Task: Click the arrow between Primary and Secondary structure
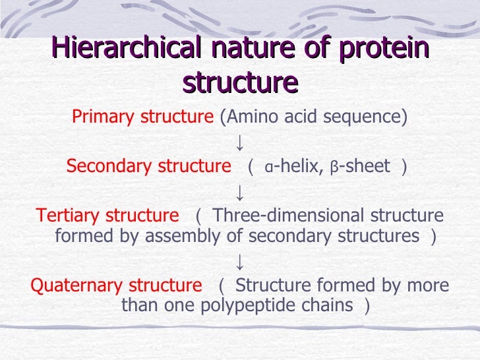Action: coord(241,142)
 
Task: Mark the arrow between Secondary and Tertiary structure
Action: coord(241,191)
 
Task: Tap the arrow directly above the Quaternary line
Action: coord(241,261)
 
